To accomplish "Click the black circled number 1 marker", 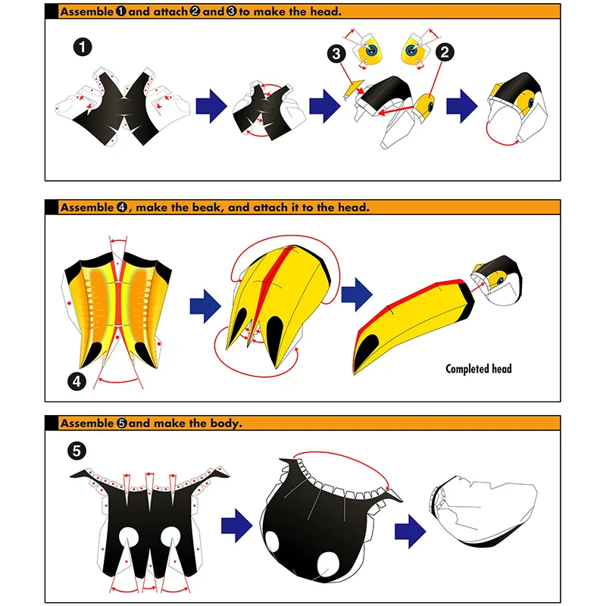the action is (84, 47).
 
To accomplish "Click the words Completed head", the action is (478, 369).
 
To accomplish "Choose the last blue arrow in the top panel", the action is (460, 107).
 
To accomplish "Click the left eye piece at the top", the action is (371, 49).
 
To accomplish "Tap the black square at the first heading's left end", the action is (52, 12).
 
